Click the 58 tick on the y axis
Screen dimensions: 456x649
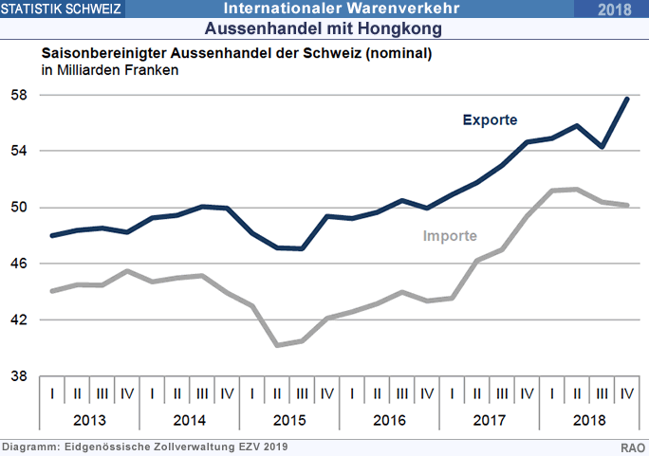point(19,96)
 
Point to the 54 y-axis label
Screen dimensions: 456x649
point(19,152)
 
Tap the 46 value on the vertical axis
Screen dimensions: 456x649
point(19,264)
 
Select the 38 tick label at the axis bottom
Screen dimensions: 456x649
point(19,376)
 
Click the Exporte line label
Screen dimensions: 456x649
point(490,120)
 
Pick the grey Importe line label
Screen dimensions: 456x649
point(450,235)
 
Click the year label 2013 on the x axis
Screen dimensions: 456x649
point(90,420)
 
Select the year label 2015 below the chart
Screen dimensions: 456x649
point(289,420)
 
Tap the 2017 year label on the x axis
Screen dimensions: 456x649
point(490,420)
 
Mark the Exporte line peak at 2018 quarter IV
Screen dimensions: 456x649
point(626,99)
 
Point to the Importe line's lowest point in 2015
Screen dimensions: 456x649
point(277,345)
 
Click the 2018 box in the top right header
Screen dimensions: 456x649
point(617,9)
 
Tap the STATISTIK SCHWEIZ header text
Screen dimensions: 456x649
point(61,9)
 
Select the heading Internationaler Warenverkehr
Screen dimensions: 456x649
point(342,9)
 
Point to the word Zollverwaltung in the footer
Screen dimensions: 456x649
point(177,447)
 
